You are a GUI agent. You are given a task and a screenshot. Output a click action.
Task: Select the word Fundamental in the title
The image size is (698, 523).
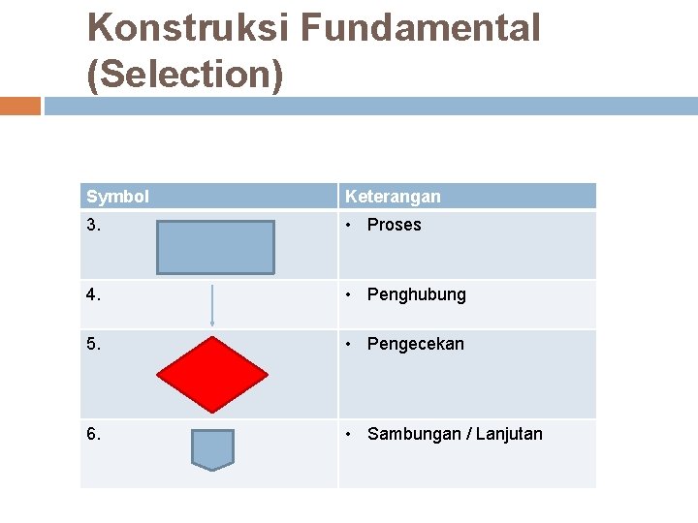coord(419,29)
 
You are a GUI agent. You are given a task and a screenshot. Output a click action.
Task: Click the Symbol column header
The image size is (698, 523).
coord(117,197)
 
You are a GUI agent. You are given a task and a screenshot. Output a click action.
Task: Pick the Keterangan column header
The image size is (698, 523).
coord(393,197)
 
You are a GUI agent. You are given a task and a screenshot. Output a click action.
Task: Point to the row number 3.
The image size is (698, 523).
coord(93,225)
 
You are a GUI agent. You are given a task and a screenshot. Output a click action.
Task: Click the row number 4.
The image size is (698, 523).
coord(93,294)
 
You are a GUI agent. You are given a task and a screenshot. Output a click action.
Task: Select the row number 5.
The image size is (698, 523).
coord(93,344)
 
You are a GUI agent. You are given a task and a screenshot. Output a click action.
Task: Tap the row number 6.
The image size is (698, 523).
coord(93,434)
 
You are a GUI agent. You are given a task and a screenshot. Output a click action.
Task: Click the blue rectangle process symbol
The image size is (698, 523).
coord(217,247)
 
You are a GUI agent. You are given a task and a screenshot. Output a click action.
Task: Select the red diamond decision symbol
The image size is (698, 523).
coord(212,374)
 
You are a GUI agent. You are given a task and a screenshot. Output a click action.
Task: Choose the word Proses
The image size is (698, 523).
coord(395,225)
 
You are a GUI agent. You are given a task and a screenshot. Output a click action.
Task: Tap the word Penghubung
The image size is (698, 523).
coord(417,294)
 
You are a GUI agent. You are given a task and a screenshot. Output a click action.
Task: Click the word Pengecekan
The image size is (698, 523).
coord(416,344)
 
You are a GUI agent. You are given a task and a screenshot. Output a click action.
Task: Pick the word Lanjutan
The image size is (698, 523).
coord(510,434)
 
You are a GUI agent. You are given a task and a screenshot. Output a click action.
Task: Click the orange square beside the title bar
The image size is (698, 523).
coord(20,106)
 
